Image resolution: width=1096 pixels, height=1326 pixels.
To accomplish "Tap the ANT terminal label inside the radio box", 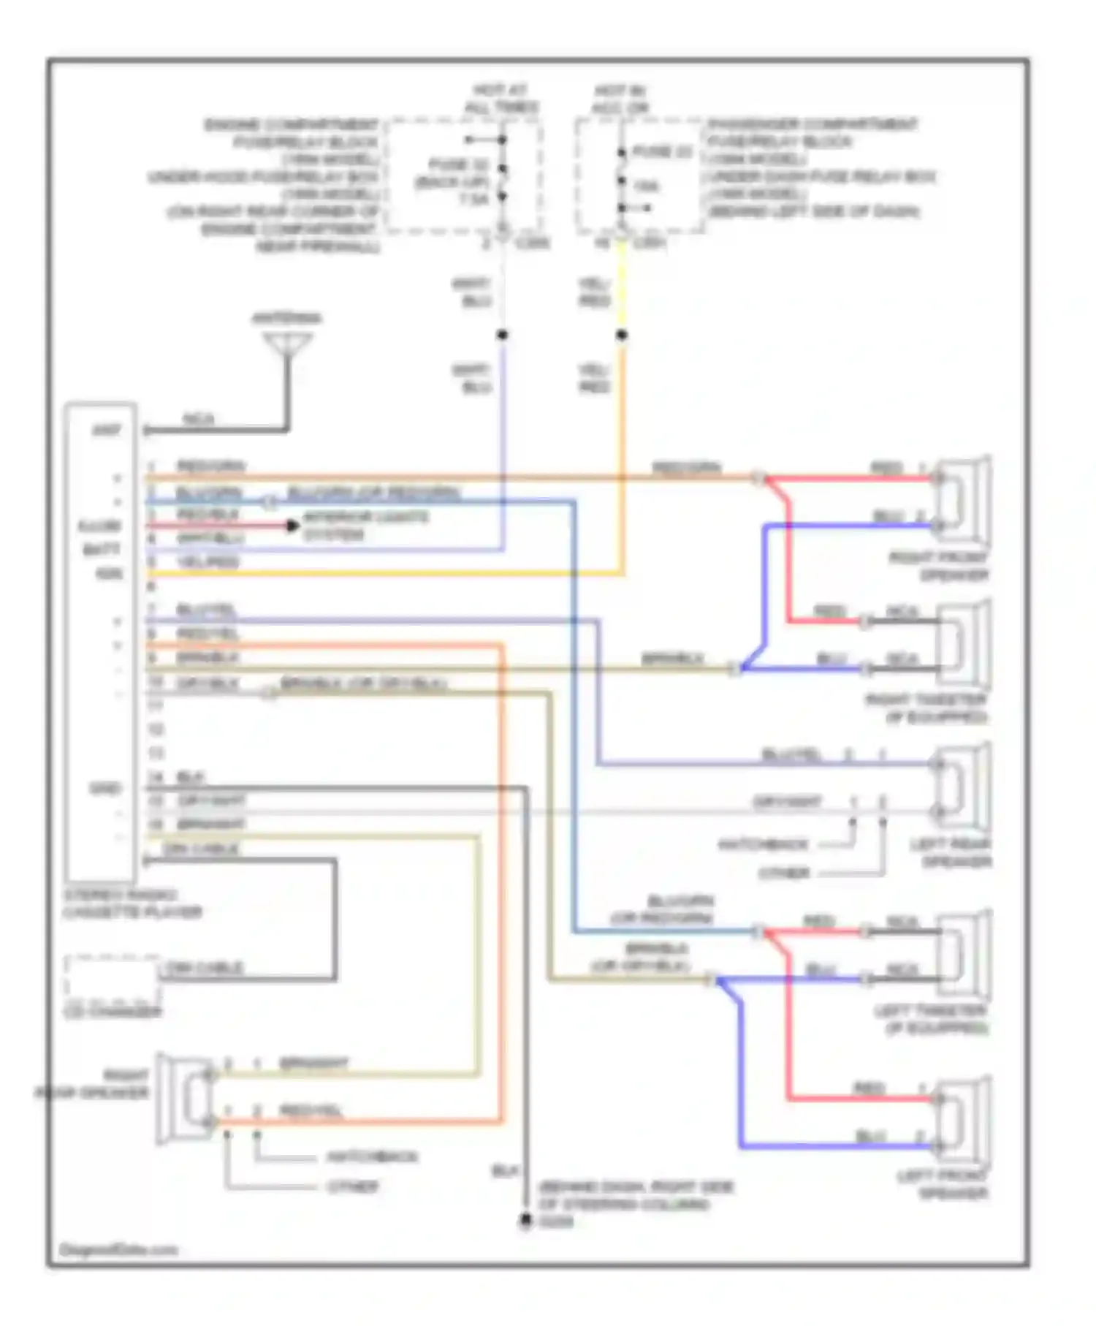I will (x=107, y=430).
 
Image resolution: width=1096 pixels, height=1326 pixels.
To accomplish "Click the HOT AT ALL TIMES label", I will (x=501, y=99).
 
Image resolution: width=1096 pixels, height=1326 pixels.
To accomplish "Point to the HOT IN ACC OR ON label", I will (x=620, y=99).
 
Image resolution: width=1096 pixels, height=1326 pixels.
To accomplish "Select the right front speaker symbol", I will (x=963, y=501).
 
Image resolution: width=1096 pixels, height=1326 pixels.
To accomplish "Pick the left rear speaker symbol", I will (x=963, y=788).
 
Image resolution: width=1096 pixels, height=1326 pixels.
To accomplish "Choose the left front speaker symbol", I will (x=963, y=1122).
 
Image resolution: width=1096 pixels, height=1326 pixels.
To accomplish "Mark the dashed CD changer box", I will (x=112, y=979).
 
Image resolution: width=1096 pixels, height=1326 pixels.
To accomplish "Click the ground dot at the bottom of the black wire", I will (x=525, y=1221).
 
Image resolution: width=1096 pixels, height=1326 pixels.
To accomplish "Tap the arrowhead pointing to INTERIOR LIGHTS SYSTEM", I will (x=292, y=526).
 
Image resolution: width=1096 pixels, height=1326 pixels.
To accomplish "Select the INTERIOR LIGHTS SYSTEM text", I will (x=365, y=526).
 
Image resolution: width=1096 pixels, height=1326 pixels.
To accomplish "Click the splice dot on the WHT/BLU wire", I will (x=503, y=336).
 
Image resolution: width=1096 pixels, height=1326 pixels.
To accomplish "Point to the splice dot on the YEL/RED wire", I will (x=622, y=336).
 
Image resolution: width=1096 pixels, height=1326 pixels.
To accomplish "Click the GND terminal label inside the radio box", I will (x=105, y=789).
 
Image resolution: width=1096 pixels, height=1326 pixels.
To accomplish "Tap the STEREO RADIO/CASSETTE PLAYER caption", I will (x=132, y=903).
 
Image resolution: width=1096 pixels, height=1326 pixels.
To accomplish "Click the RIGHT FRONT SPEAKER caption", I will (x=940, y=567).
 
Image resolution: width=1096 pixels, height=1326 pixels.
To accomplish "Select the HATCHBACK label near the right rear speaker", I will (x=373, y=1157).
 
